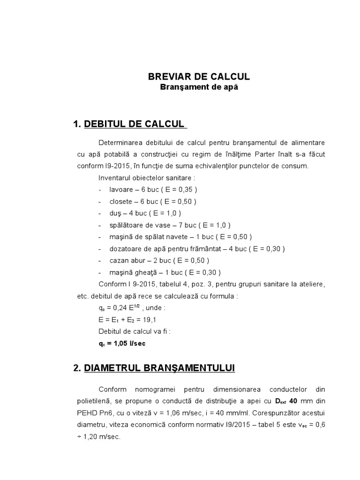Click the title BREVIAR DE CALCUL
coord(199,76)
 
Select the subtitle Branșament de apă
coord(199,87)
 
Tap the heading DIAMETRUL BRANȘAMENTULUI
coord(159,368)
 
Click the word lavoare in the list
coord(120,190)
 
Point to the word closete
coord(120,202)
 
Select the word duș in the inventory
coord(115,213)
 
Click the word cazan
coord(118,260)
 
